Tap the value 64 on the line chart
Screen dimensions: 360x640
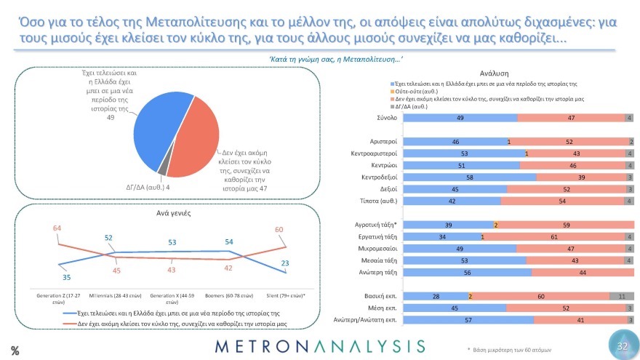click(x=58, y=228)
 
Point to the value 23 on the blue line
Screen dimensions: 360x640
click(x=286, y=263)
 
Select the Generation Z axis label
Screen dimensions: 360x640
click(x=58, y=299)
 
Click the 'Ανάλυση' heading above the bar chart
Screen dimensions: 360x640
click(x=494, y=73)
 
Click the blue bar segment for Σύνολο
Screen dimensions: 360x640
click(x=460, y=117)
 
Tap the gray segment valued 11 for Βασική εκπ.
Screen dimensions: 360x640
click(x=621, y=297)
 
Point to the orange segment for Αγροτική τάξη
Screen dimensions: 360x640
click(x=495, y=225)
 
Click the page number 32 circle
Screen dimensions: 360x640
click(x=621, y=346)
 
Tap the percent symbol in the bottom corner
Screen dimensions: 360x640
click(x=14, y=350)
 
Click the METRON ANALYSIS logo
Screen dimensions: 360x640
click(x=319, y=345)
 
